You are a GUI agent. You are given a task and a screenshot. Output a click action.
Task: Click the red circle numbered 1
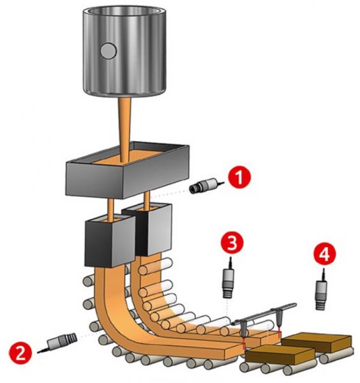[239, 177]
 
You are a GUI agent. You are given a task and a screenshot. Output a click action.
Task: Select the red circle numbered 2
[20, 353]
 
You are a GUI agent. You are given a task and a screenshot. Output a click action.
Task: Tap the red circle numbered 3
[232, 243]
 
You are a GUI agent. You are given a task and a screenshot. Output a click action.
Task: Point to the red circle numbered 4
[325, 255]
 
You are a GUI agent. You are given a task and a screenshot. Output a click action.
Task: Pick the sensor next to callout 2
[58, 342]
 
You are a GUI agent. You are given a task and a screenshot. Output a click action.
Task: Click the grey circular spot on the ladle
[109, 51]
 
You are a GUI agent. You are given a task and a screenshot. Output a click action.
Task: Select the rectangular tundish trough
[128, 170]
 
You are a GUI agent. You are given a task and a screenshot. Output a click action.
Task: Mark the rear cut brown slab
[317, 342]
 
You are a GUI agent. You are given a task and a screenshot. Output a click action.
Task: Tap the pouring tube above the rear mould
[147, 200]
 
